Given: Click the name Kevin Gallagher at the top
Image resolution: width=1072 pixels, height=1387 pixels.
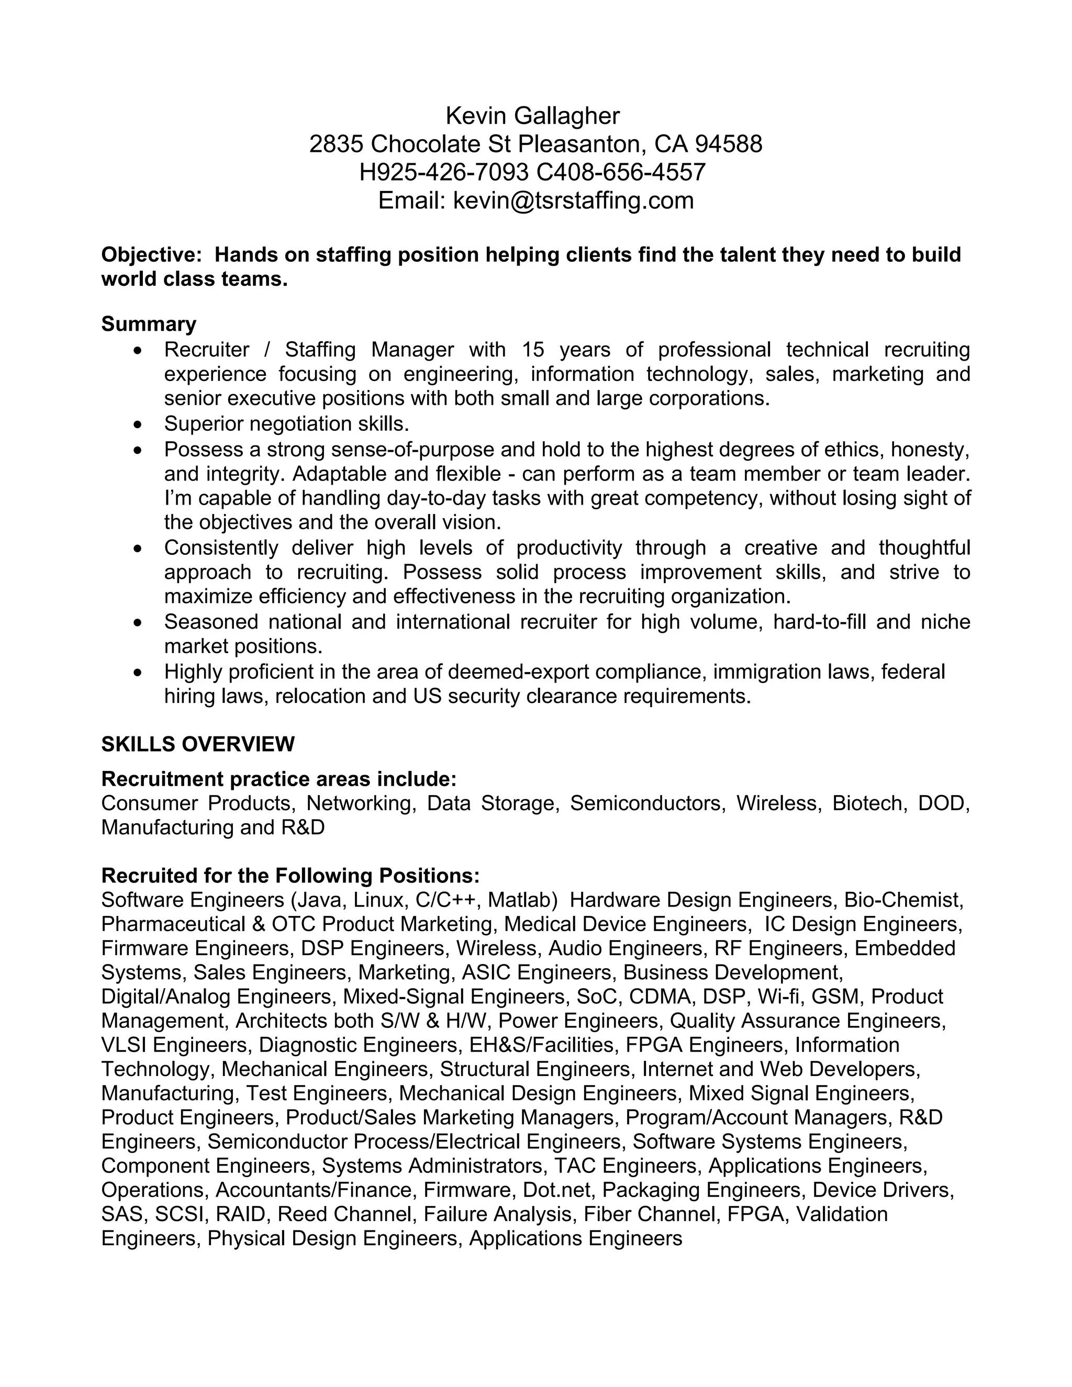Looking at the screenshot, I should point(532,116).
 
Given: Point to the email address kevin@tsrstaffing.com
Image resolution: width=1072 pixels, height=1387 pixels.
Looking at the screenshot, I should point(573,200).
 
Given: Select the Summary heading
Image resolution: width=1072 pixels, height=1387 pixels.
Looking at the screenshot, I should point(149,325).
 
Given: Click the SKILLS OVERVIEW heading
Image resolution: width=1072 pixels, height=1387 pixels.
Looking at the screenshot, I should point(197,744).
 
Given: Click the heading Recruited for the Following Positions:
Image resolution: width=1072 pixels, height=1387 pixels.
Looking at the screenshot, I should point(290,876).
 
